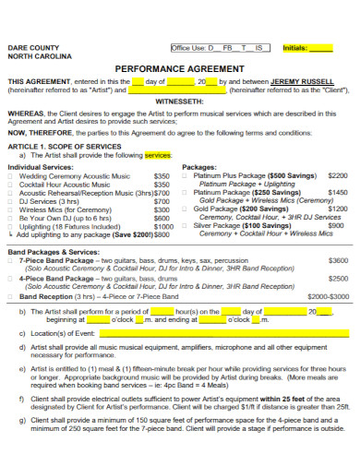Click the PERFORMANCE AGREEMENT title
(x=179, y=68)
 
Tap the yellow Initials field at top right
(x=319, y=48)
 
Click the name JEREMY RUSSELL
(x=303, y=81)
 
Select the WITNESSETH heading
(x=179, y=102)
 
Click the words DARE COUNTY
(x=31, y=46)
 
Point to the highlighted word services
(x=158, y=155)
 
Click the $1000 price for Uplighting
(x=163, y=226)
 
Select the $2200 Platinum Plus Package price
(x=338, y=174)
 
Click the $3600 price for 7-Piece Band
(x=338, y=260)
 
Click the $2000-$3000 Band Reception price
(x=329, y=297)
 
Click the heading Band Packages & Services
(x=54, y=251)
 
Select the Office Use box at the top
(x=220, y=48)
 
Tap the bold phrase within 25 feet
(x=290, y=398)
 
